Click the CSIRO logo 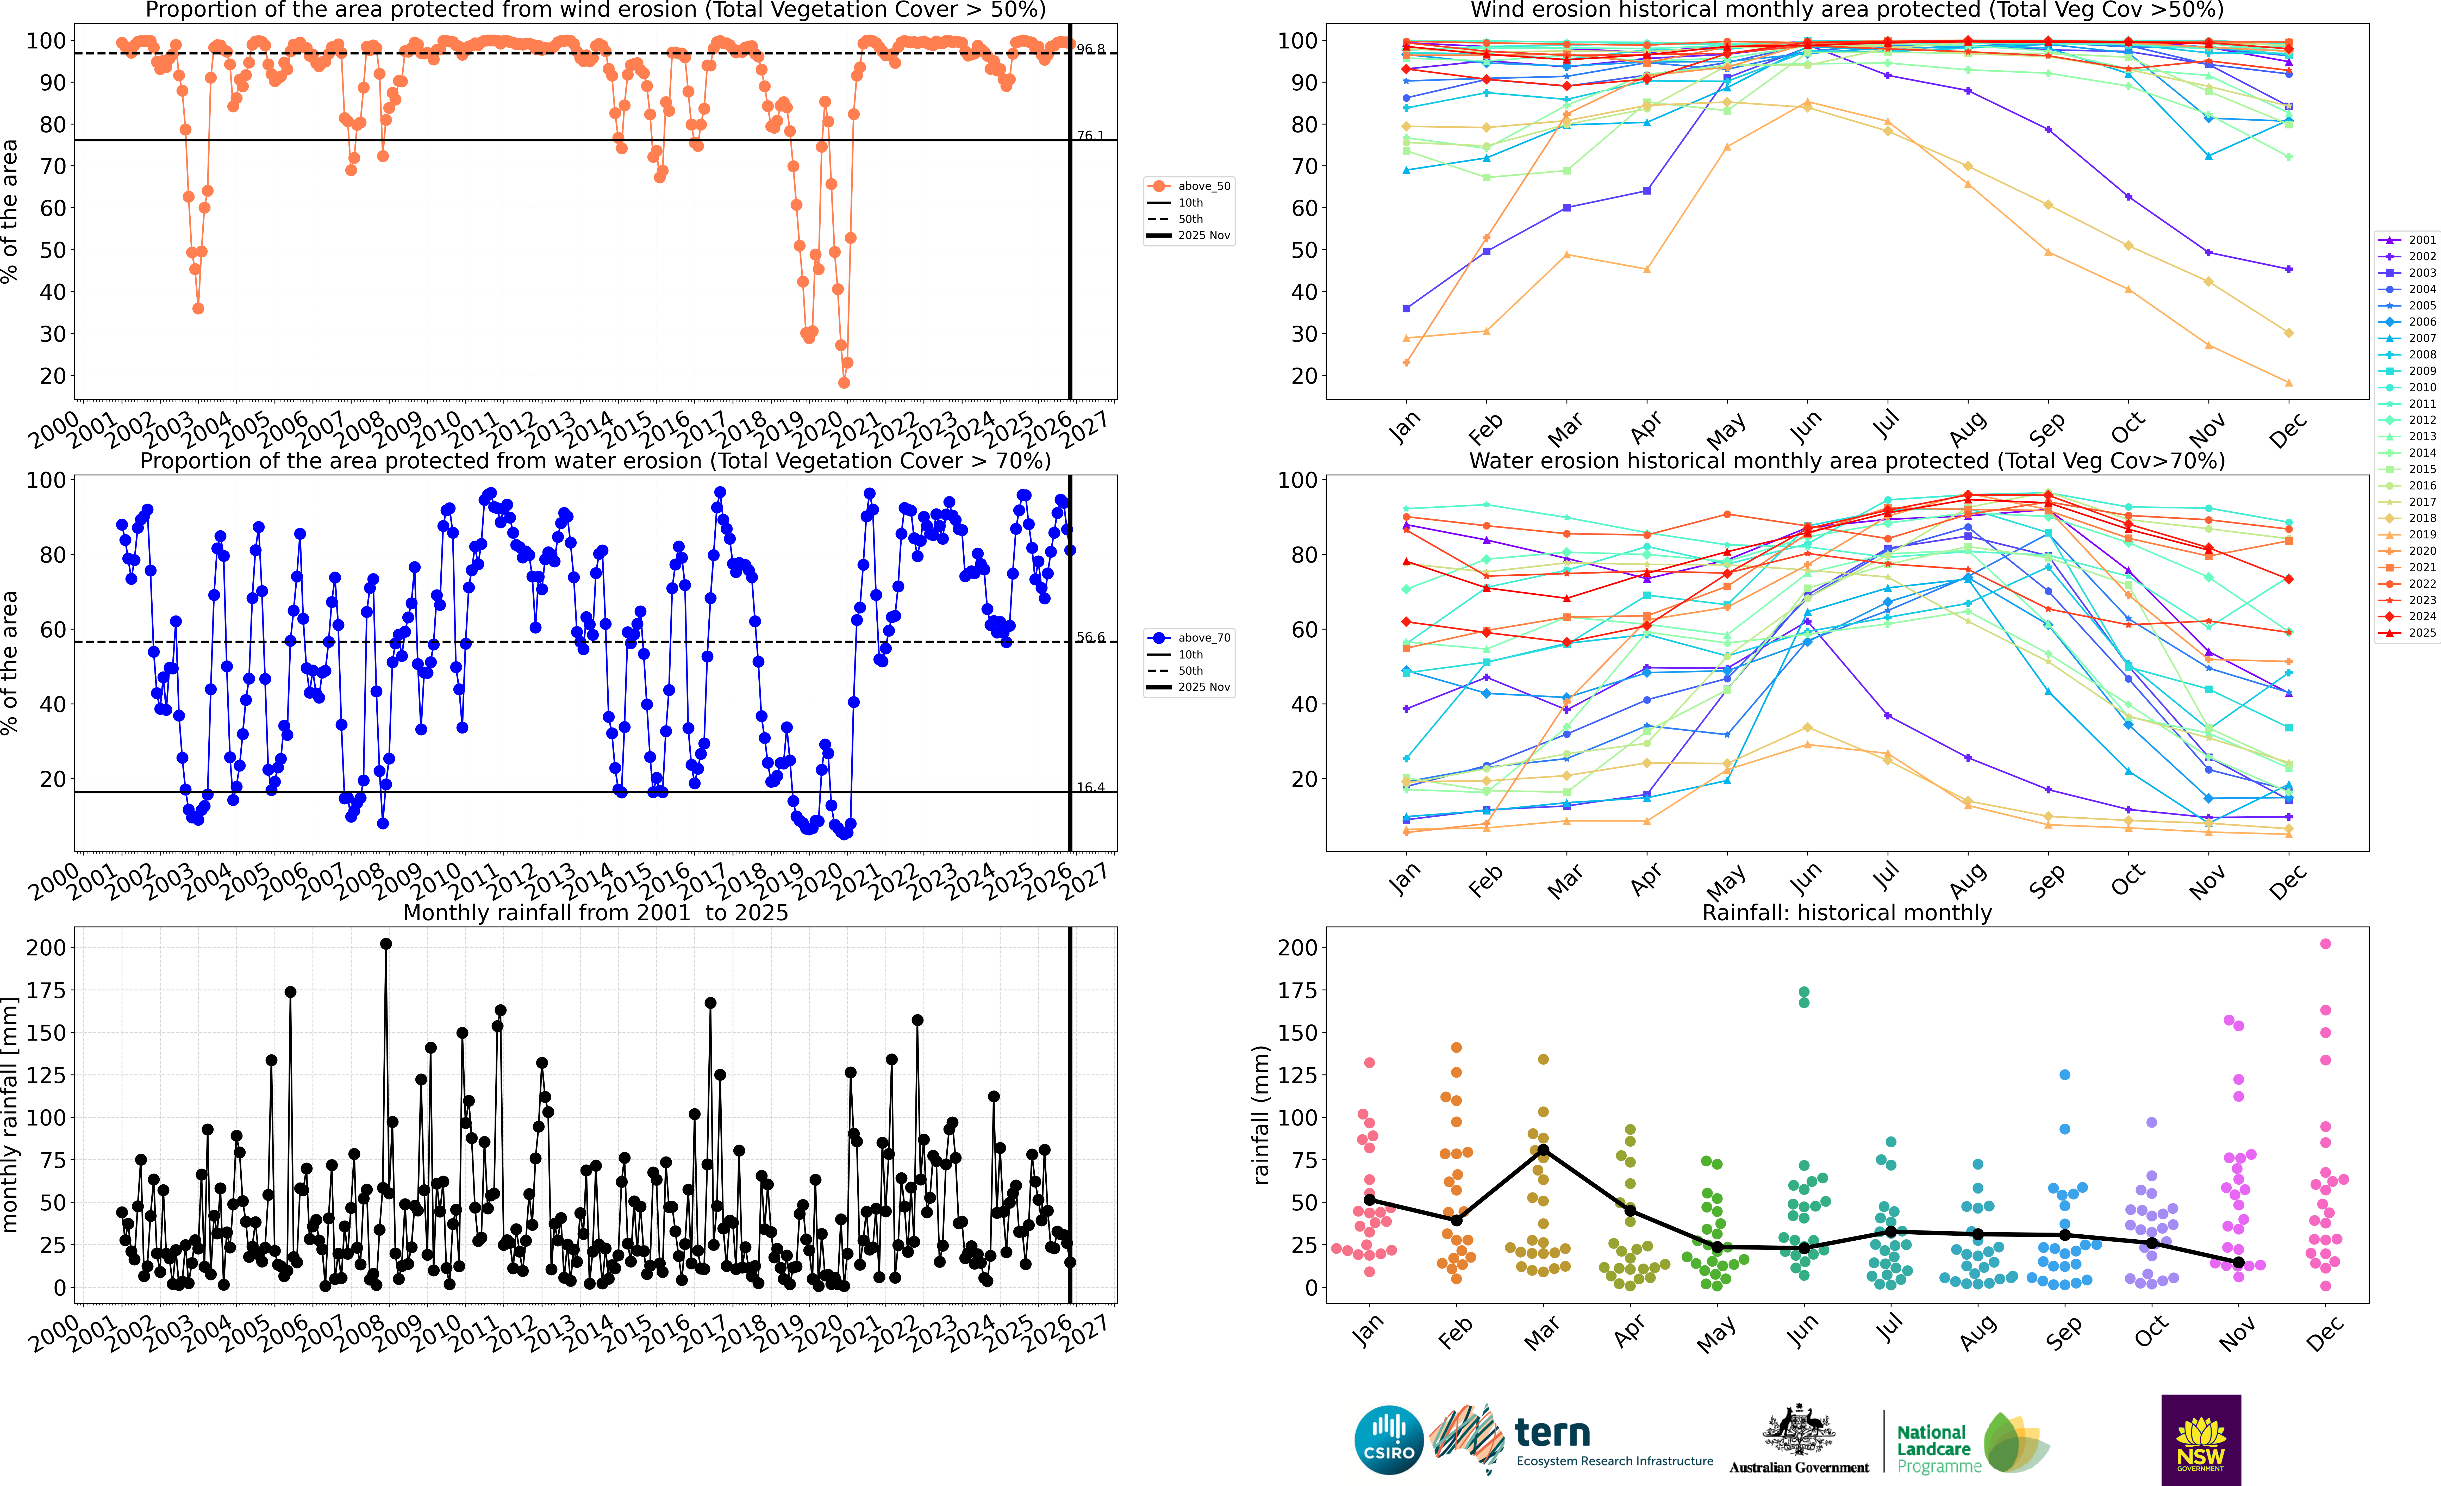[1389, 1439]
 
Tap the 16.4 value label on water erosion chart [1091, 788]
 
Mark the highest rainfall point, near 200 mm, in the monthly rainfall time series [386, 944]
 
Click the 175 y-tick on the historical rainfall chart [1298, 990]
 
